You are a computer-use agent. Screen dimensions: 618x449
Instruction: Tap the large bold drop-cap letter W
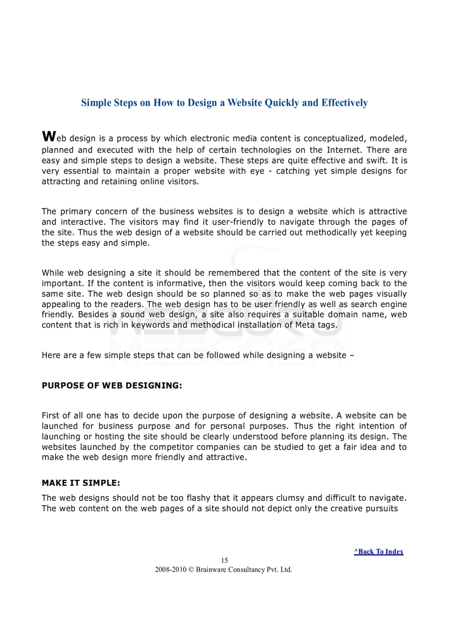point(48,136)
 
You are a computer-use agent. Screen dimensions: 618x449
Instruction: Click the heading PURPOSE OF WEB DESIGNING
point(112,386)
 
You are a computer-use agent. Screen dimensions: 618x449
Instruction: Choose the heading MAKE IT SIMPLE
point(81,483)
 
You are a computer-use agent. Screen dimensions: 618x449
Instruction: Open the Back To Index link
point(379,551)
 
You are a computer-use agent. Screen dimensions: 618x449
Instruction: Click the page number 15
point(225,561)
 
